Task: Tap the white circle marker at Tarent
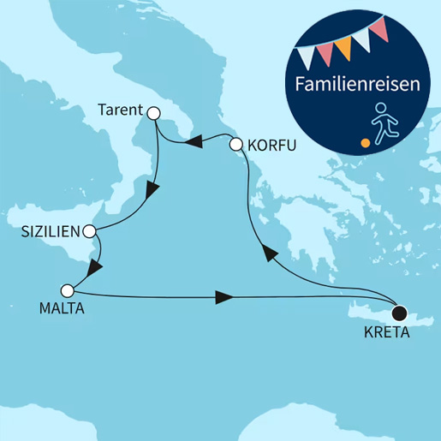tap(154, 113)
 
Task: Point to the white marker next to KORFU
tap(235, 146)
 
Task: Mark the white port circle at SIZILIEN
tap(89, 231)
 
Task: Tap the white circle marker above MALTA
tap(68, 289)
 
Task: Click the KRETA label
tap(384, 332)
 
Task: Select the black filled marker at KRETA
tap(397, 313)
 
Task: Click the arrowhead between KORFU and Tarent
tap(194, 141)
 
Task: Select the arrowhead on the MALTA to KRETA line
tap(224, 298)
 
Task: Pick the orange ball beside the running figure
tap(366, 142)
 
